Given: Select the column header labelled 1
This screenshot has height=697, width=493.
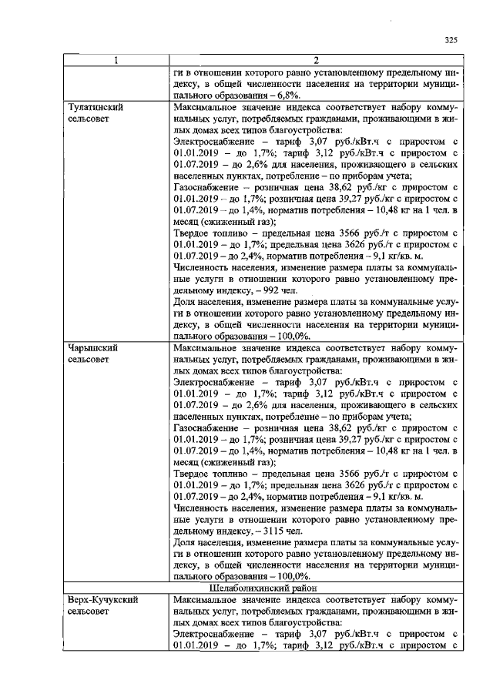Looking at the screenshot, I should [116, 60].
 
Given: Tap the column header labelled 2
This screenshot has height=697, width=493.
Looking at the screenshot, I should [316, 60].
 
